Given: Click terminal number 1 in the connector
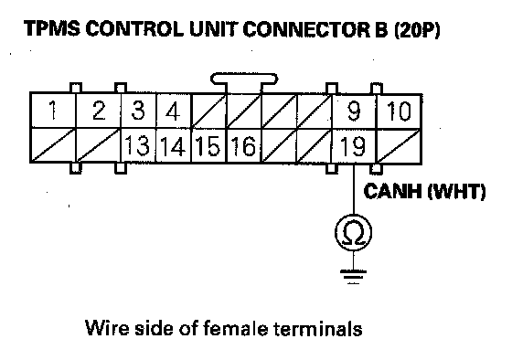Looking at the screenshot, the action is coord(53,111).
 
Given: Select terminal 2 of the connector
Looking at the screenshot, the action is coord(99,111).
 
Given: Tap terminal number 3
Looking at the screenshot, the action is coord(138,111).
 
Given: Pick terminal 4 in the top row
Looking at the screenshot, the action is coord(174,111).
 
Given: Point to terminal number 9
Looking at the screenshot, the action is coord(354,111).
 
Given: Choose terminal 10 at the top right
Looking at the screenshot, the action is coord(399,111).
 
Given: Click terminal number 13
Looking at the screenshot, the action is coord(138,145).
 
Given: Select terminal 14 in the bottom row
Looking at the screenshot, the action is coord(174,145).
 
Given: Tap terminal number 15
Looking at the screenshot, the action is coord(208,145).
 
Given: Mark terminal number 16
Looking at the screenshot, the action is coord(243,145).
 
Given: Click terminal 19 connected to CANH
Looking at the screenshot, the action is coord(354,145).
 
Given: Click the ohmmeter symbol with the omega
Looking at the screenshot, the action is coord(354,232).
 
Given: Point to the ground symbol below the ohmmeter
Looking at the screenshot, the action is coord(354,277).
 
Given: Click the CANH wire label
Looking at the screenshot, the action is coord(392,191).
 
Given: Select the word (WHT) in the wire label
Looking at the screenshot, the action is coord(456,191).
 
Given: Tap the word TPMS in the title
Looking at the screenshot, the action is coord(51,28).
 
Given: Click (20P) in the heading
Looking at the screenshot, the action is coord(417,30).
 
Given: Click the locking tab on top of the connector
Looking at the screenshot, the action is coord(244,80).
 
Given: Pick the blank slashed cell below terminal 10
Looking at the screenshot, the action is coord(399,145).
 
